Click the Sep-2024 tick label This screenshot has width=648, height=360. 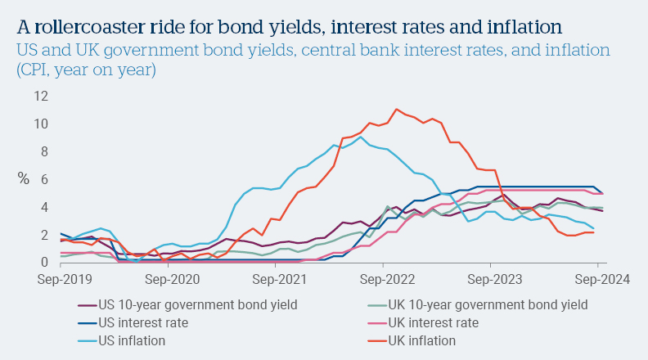pyautogui.click(x=598, y=279)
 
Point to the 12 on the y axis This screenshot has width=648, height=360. pyautogui.click(x=41, y=97)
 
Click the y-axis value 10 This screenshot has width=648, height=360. pyautogui.click(x=41, y=124)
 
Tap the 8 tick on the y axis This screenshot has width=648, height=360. pyautogui.click(x=44, y=152)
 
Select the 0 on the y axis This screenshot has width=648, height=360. pyautogui.click(x=44, y=263)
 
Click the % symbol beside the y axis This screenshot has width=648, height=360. pyautogui.click(x=23, y=179)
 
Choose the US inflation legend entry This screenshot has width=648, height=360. pyautogui.click(x=130, y=340)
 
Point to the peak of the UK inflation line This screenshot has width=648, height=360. pyautogui.click(x=396, y=109)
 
